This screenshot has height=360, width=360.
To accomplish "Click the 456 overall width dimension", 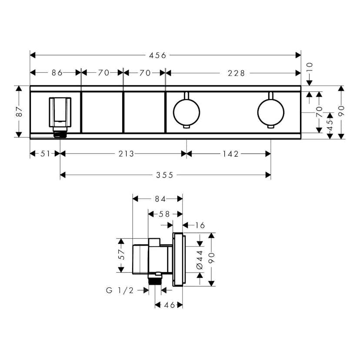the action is point(157,55).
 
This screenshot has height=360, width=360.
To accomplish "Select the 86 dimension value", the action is point(57,73).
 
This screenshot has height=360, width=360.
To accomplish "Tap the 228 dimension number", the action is point(236,73).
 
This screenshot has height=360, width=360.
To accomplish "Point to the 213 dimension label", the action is point(126,153).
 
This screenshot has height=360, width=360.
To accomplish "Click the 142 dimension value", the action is point(231,153).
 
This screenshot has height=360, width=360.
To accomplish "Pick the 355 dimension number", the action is point(165,175).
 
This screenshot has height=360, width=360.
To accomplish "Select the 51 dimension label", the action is point(45,153).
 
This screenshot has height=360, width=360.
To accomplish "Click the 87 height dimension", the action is point(19,112).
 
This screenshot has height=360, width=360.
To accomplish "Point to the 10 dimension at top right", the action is point(310,68).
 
